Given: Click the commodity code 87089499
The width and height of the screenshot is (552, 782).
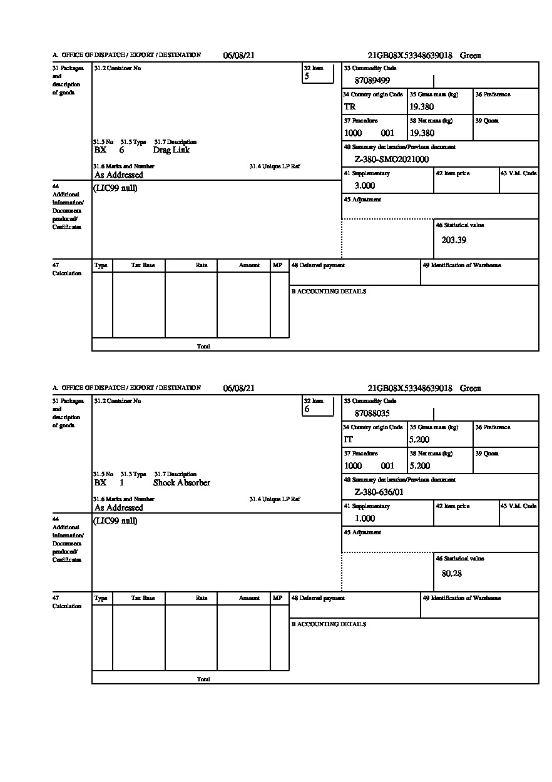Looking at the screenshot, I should click(x=372, y=80).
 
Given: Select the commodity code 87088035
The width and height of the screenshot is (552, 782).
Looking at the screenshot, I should click(x=372, y=413).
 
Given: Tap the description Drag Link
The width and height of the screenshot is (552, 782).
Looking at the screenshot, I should click(x=171, y=150).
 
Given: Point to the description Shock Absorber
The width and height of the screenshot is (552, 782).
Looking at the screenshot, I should click(x=181, y=483).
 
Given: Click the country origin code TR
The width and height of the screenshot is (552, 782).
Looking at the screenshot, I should click(x=350, y=107).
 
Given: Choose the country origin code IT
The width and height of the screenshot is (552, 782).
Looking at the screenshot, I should click(x=349, y=440).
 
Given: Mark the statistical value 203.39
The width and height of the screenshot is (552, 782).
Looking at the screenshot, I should click(x=453, y=240).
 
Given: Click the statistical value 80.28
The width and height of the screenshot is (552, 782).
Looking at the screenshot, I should click(x=451, y=573).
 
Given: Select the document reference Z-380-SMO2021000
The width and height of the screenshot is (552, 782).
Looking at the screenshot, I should click(x=391, y=160).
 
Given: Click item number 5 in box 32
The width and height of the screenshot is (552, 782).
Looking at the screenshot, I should click(x=307, y=76).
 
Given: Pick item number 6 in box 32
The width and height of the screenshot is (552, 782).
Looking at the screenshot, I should click(x=307, y=409).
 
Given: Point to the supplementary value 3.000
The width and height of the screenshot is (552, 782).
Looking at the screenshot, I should click(x=364, y=186).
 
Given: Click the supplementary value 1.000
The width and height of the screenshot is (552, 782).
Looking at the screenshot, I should click(x=364, y=519).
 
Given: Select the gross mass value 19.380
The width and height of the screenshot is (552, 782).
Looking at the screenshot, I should click(x=421, y=107).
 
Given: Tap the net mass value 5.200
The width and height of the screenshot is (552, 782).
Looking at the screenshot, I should click(x=419, y=466).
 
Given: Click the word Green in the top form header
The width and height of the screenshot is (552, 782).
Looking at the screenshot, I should click(x=470, y=56).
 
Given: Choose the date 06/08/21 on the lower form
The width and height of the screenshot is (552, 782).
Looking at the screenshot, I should click(x=238, y=388).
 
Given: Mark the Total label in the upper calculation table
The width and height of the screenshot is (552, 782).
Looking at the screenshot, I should click(x=203, y=346).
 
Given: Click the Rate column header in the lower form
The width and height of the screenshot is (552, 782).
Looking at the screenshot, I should click(x=201, y=598).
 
